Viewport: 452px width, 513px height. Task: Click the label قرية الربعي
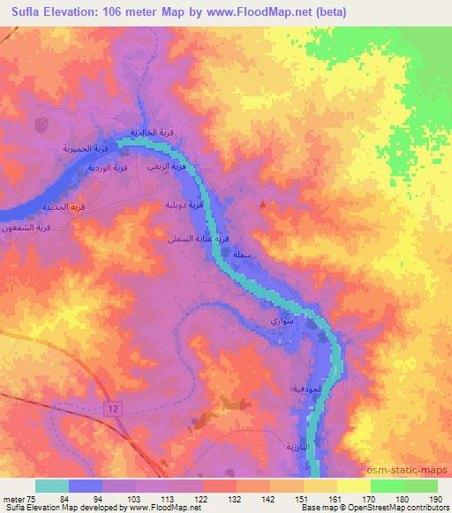pos(166,167)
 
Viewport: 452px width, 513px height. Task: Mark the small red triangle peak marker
pos(263,204)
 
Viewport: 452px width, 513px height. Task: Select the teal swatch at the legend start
pos(51,486)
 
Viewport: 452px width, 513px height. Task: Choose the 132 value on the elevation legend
pos(219,500)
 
